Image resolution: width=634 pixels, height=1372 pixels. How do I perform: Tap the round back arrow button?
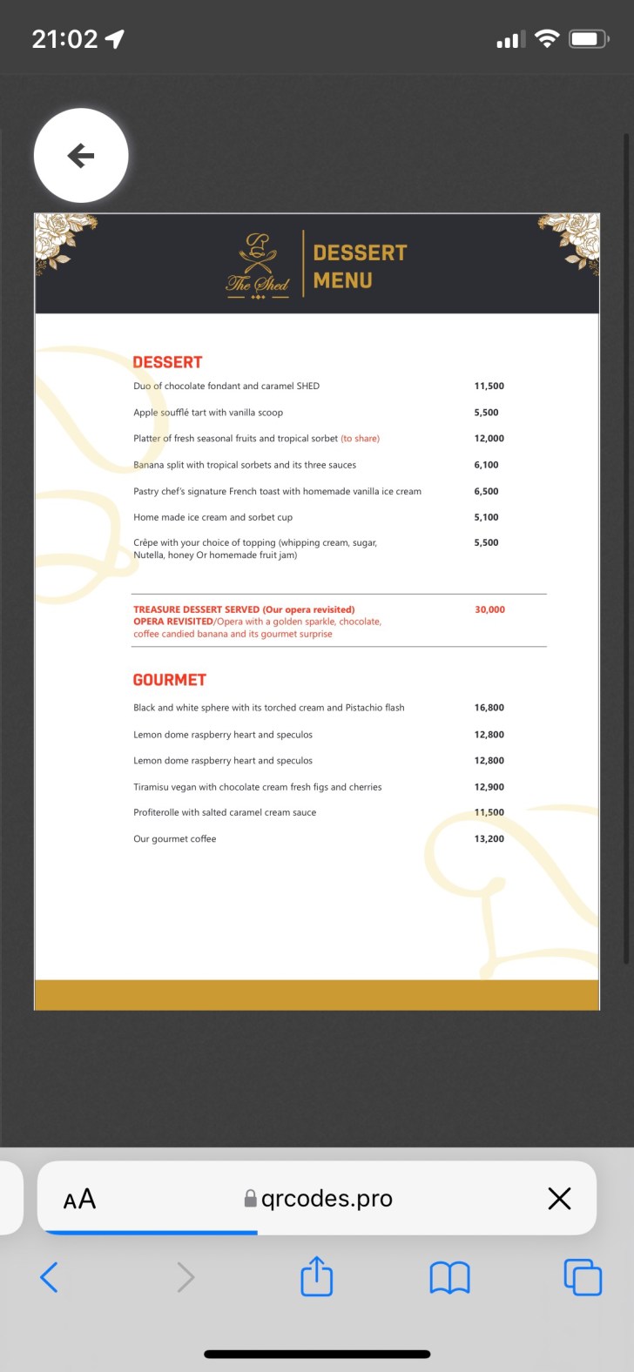click(x=81, y=156)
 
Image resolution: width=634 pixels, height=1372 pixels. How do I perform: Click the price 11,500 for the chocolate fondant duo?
click(x=489, y=386)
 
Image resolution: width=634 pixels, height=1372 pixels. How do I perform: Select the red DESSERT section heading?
click(x=167, y=362)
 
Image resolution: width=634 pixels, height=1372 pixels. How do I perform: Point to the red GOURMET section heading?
click(x=169, y=680)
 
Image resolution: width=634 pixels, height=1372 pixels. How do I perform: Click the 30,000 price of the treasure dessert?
click(x=489, y=609)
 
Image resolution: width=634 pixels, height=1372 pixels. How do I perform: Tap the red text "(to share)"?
click(x=360, y=439)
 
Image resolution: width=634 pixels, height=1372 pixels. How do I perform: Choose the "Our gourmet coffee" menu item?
click(x=174, y=839)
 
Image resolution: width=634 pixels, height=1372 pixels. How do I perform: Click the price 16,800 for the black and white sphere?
click(x=489, y=708)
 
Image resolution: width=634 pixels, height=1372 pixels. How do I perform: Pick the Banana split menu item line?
click(x=245, y=465)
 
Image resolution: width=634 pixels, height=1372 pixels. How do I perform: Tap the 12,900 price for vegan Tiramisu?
click(x=489, y=787)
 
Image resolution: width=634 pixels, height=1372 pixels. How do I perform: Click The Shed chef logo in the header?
click(x=258, y=265)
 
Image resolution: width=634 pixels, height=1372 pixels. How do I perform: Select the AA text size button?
click(x=79, y=1200)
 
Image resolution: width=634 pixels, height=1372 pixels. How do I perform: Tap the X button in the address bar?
click(x=559, y=1199)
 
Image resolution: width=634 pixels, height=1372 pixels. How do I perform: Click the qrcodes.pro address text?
click(x=327, y=1199)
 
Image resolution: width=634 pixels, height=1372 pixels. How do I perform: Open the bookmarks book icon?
click(x=449, y=1278)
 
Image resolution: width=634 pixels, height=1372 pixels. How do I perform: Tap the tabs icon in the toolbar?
click(x=583, y=1277)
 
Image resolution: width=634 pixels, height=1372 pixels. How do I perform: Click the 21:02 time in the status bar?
click(x=64, y=39)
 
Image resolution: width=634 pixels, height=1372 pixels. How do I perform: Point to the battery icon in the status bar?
click(x=588, y=39)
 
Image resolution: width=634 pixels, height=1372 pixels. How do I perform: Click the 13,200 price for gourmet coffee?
click(x=489, y=839)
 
